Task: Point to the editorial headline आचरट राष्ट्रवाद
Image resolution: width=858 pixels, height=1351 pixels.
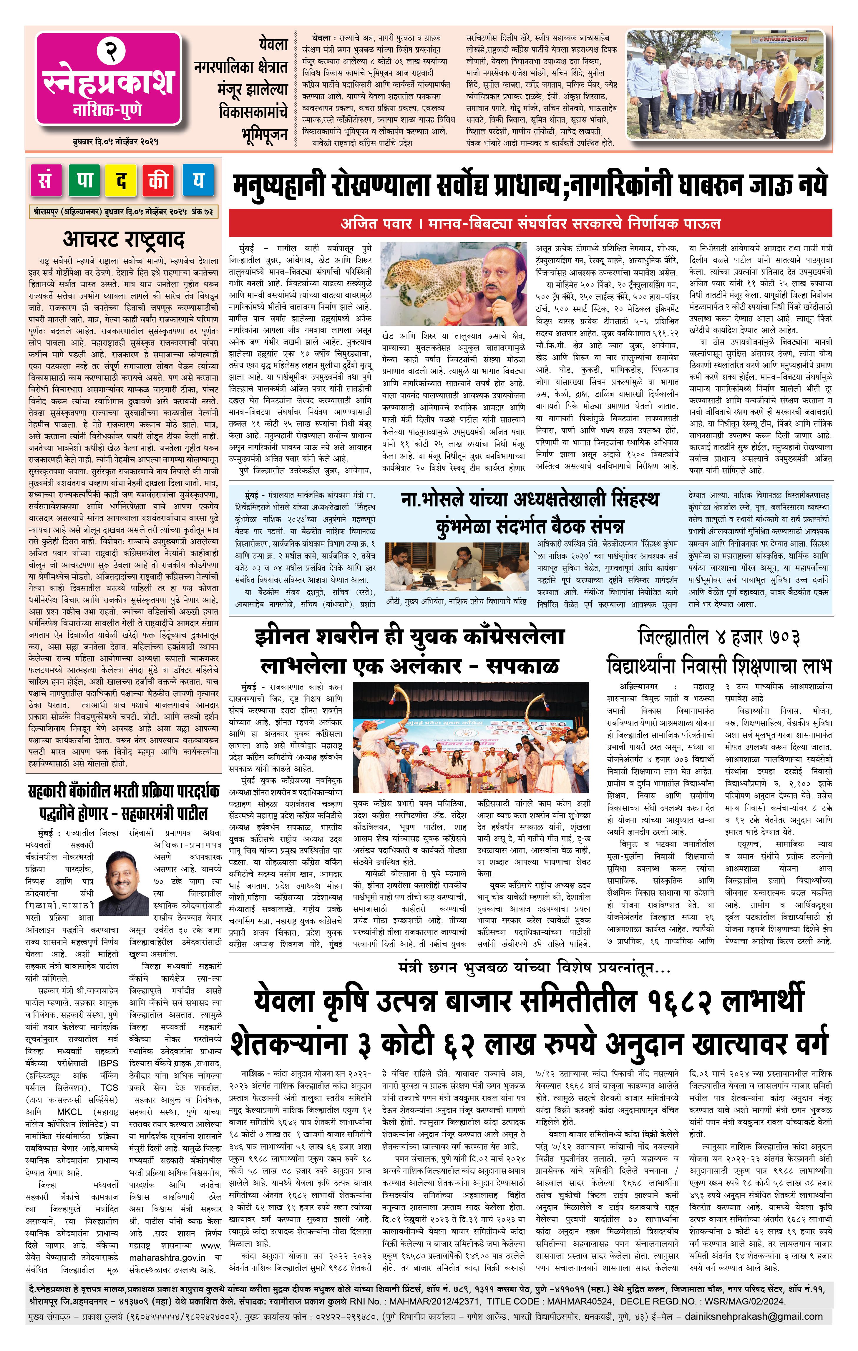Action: click(123, 239)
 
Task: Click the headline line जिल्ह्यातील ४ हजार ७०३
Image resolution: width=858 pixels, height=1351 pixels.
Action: click(718, 637)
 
